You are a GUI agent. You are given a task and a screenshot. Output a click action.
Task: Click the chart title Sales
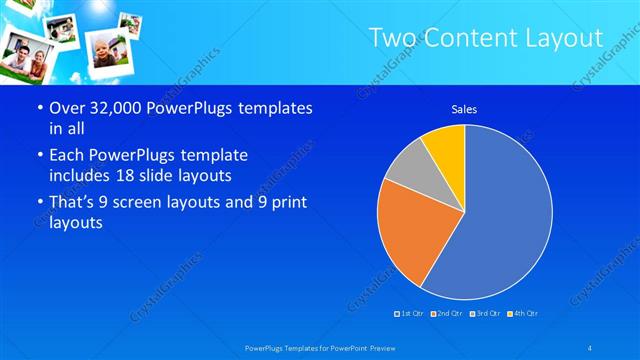(464, 108)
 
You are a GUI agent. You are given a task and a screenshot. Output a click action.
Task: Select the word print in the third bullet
(283, 203)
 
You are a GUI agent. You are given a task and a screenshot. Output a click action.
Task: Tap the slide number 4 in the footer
(591, 347)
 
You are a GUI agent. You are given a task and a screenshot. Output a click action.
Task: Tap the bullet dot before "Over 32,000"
(38, 108)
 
